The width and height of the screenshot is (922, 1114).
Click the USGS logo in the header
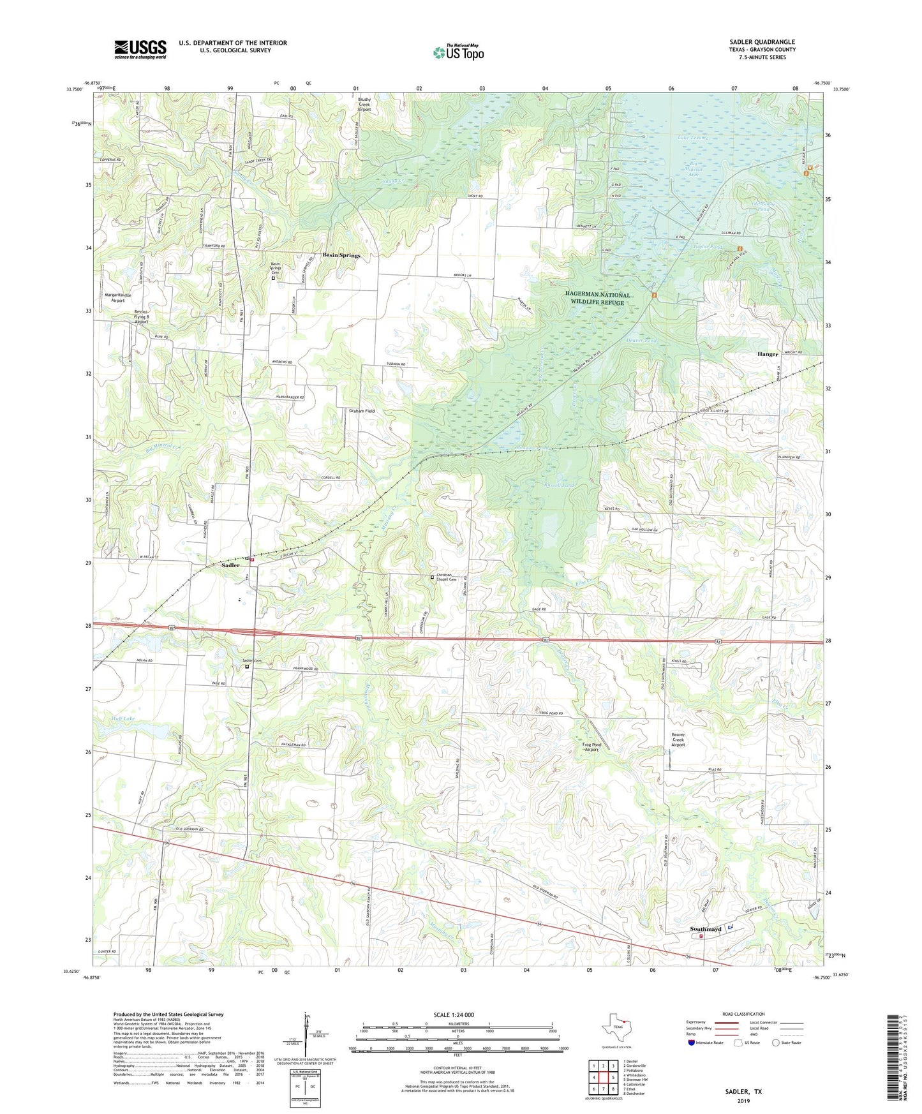pyautogui.click(x=140, y=49)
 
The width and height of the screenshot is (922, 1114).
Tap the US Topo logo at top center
pyautogui.click(x=457, y=52)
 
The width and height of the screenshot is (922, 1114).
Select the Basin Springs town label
pyautogui.click(x=341, y=255)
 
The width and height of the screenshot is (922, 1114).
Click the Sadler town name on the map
pyautogui.click(x=230, y=565)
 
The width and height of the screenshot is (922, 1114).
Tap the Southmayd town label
pyautogui.click(x=706, y=929)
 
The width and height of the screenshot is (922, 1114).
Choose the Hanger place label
pyautogui.click(x=767, y=354)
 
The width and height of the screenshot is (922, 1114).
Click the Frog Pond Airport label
pyautogui.click(x=593, y=747)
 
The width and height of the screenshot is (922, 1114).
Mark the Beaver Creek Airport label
pyautogui.click(x=678, y=739)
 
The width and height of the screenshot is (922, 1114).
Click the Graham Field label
pyautogui.click(x=362, y=411)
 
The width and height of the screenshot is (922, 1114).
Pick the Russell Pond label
pyautogui.click(x=560, y=485)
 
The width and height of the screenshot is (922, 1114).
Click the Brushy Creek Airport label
pyautogui.click(x=364, y=105)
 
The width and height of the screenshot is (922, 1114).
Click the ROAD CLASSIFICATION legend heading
pyautogui.click(x=743, y=1014)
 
